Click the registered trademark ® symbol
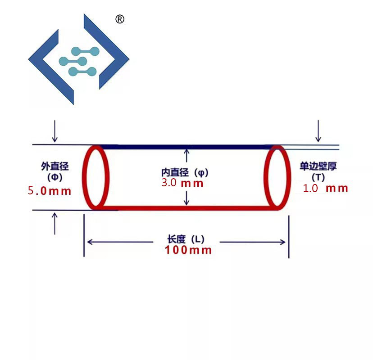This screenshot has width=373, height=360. point(120,19)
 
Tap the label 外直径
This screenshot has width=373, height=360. point(55,166)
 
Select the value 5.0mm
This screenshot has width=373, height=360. point(50,191)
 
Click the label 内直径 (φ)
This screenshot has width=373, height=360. point(185,172)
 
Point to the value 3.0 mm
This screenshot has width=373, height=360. point(182,183)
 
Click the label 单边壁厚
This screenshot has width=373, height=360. point(318,166)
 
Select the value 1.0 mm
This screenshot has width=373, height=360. point(325,188)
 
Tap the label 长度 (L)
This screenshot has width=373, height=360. point(186,239)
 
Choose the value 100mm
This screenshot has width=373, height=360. point(188,250)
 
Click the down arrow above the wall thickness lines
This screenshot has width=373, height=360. point(318,131)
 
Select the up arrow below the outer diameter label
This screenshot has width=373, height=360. point(55,224)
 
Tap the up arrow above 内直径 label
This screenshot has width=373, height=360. point(187,156)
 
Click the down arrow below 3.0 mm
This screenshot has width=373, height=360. point(187,198)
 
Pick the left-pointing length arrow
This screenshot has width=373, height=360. point(120,242)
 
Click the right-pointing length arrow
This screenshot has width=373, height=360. point(252,242)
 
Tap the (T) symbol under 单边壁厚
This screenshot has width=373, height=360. point(318,177)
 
